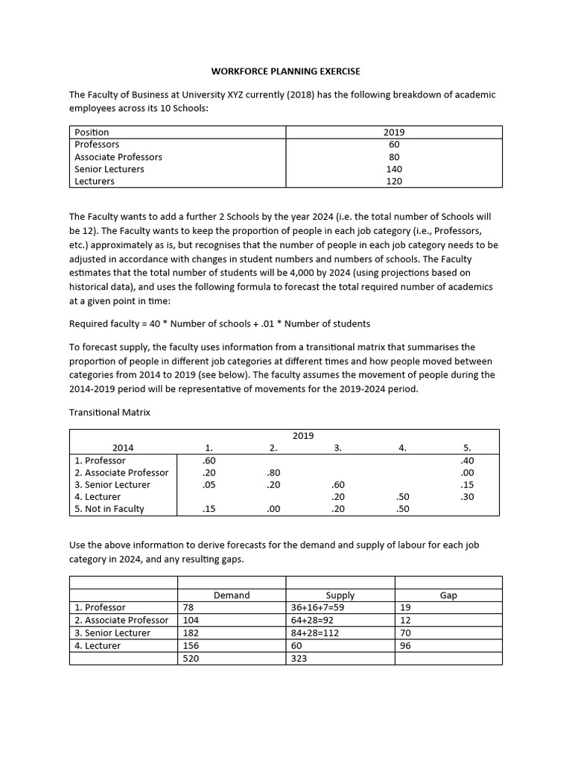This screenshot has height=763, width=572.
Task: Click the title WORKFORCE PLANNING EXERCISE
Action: point(285,72)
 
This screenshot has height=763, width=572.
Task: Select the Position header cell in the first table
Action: point(92,132)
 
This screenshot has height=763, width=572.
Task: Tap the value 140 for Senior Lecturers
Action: point(394,169)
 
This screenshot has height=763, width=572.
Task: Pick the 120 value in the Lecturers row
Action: point(394,181)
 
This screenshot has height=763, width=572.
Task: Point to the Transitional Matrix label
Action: point(109,412)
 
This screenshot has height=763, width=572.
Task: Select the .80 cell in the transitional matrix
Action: point(273,472)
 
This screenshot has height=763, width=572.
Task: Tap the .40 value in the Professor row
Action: point(467,460)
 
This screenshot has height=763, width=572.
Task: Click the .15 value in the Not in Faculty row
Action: point(209,509)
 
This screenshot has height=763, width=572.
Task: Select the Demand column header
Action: point(232,595)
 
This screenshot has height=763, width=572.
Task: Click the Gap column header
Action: point(448,595)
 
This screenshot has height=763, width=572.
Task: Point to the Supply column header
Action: point(340,595)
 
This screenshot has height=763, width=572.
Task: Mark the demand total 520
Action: point(191,659)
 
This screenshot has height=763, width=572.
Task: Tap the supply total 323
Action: point(299,659)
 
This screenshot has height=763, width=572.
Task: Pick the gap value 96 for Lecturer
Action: point(407,646)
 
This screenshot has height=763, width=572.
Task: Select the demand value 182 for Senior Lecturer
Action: point(191,633)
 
